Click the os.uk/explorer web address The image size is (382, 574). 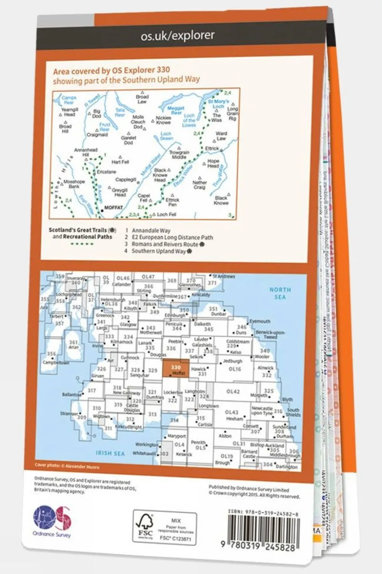point(177,36)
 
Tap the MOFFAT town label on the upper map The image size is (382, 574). point(113,207)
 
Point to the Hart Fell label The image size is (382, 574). point(120,162)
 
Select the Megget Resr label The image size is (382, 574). point(175,110)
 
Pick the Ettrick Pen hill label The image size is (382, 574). point(172,202)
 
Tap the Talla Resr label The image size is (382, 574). point(119,112)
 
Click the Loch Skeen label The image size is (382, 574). point(166,136)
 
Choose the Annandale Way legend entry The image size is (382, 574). point(151,231)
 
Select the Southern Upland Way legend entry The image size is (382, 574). point(159,251)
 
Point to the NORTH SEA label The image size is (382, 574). point(280,293)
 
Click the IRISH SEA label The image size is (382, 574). point(110,453)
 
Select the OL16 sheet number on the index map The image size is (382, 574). point(235,369)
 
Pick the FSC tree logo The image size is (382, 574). point(145,526)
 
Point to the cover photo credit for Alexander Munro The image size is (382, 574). point(67,466)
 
